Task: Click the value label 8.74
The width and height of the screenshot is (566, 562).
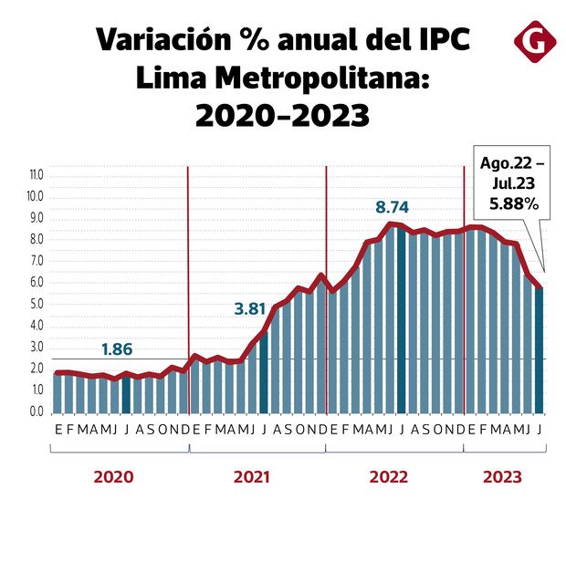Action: coord(393,207)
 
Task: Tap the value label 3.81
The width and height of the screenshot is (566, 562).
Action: coord(249,308)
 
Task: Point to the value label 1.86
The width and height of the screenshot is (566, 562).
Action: coord(117,349)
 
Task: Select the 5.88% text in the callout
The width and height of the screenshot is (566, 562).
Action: coord(512,204)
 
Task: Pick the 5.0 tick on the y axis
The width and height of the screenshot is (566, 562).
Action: coord(37,304)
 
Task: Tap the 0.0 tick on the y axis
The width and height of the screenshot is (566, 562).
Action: coord(37,411)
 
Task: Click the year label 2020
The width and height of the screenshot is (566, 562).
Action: coord(114,476)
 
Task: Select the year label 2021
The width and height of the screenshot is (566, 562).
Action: coord(252,476)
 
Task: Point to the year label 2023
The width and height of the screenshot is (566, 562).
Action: coord(502,476)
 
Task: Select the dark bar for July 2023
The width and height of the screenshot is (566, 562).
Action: coord(540,351)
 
